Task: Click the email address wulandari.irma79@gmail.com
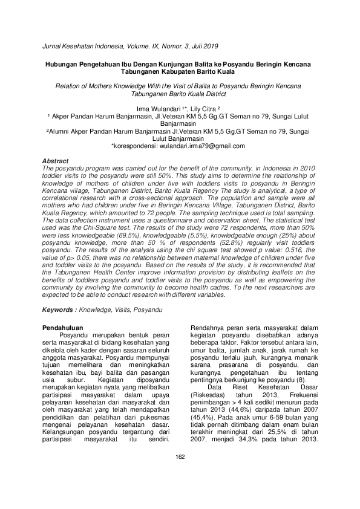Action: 201,146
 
